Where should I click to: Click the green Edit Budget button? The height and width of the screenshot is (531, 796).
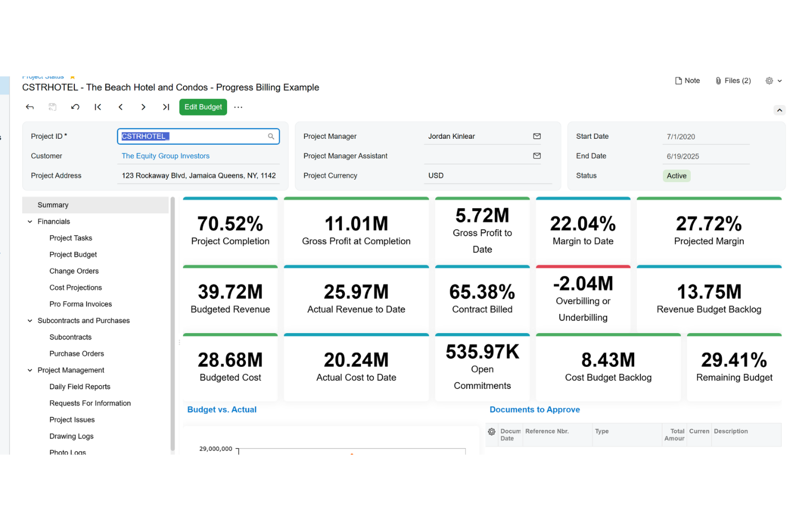(x=203, y=107)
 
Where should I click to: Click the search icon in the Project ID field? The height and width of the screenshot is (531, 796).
(x=271, y=137)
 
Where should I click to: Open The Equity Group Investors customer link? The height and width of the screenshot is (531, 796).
(x=165, y=156)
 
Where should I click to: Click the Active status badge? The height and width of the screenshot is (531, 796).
(x=676, y=176)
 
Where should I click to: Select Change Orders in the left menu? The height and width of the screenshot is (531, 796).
(x=74, y=271)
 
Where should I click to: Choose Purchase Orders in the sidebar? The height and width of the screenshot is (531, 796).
(x=76, y=353)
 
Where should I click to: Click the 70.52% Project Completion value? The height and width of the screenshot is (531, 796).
(x=230, y=224)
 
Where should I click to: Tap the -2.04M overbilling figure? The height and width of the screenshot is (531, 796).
(x=583, y=284)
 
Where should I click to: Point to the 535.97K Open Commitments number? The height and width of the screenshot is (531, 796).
(x=482, y=352)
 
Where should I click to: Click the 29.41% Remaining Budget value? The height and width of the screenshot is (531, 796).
(x=734, y=360)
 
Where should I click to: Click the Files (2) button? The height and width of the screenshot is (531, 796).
(x=733, y=81)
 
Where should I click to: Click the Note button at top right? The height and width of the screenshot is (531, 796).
(x=687, y=81)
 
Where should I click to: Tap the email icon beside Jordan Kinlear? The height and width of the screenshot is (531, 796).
(x=536, y=136)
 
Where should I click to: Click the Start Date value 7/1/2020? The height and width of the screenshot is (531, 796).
(x=680, y=137)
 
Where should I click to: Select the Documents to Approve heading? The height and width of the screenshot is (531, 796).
(x=534, y=409)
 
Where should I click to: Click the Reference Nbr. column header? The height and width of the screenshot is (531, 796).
(x=546, y=431)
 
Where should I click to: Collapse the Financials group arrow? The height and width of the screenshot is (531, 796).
(x=30, y=222)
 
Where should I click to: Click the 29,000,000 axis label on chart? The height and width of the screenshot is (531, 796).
(x=216, y=449)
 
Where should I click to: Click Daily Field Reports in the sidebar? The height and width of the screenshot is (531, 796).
(x=80, y=387)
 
